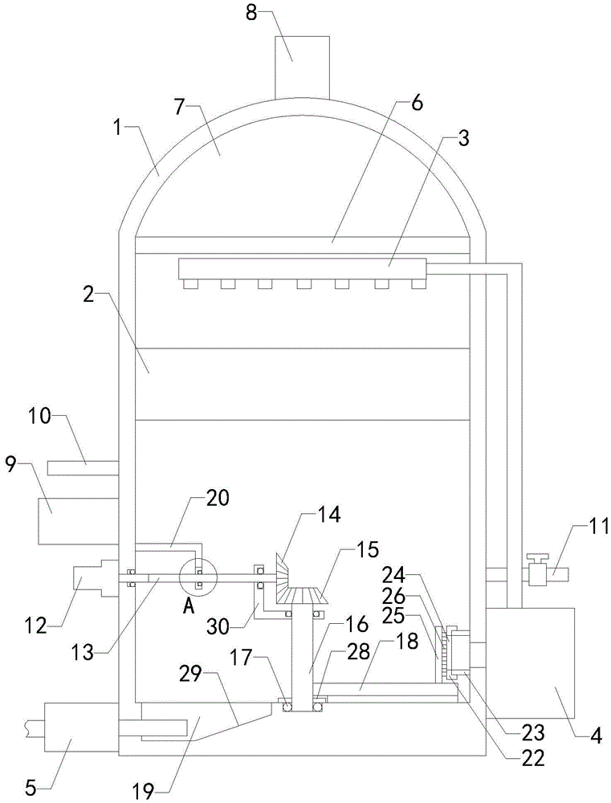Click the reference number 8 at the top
[x=251, y=13]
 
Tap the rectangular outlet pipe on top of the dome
[x=302, y=67]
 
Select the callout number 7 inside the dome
[x=179, y=108]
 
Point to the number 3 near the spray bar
[x=463, y=139]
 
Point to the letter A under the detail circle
[x=189, y=606]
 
